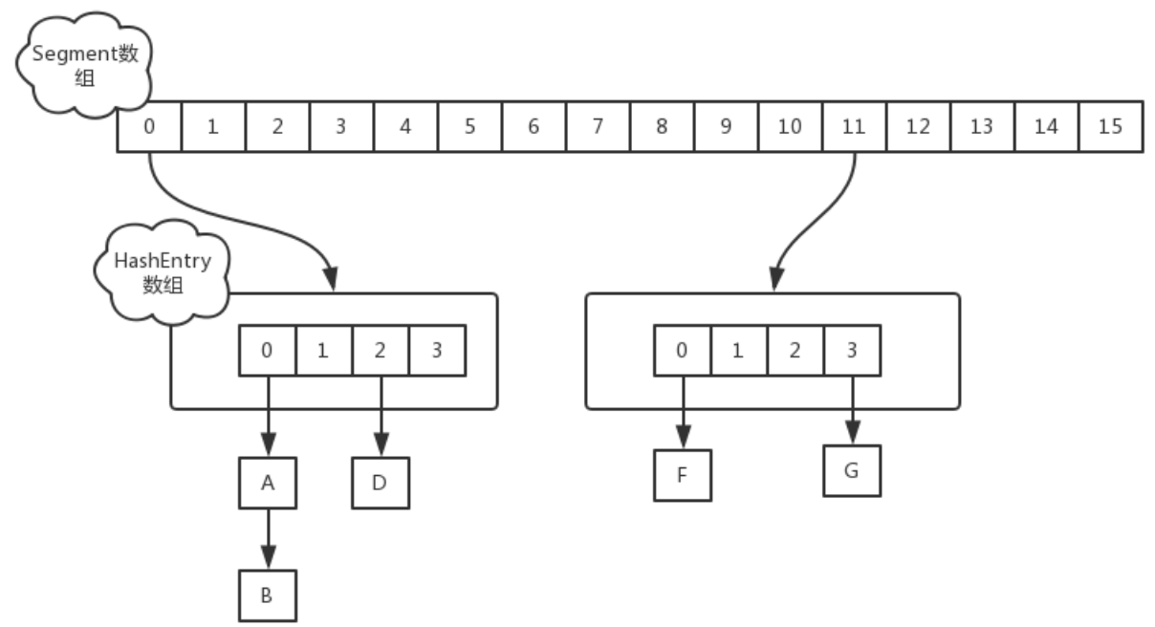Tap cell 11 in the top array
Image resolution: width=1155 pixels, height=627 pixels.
[x=854, y=126]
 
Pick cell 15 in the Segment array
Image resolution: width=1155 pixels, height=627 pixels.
[x=1110, y=126]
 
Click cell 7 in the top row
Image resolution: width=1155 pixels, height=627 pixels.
[x=597, y=126]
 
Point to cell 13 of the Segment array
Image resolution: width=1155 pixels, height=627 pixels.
[x=982, y=126]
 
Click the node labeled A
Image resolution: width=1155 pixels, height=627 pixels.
[x=267, y=485]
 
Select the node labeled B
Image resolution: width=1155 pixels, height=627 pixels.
[x=267, y=595]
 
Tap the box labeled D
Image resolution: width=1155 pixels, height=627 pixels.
[x=380, y=485]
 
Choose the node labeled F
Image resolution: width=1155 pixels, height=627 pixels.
[x=682, y=473]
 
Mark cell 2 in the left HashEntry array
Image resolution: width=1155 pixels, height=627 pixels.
[x=381, y=350]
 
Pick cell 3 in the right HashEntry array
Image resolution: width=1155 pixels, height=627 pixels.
[x=852, y=350]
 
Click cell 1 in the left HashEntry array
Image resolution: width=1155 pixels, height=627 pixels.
[x=323, y=350]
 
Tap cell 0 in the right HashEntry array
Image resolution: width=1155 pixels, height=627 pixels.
[x=682, y=350]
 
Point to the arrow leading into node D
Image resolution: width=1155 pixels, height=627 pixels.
[x=381, y=415]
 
